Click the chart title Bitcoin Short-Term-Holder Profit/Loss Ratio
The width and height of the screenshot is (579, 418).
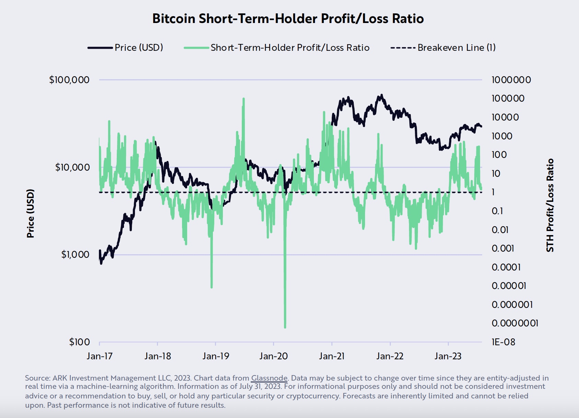coord(288,19)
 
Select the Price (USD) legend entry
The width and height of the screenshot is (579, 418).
coord(139,47)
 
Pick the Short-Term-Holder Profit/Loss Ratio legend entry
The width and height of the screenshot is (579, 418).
coord(290,47)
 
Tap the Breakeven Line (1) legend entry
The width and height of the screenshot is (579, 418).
coord(456,47)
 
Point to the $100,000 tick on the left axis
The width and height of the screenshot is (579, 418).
coord(69,80)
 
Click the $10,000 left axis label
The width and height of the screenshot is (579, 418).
coord(72,167)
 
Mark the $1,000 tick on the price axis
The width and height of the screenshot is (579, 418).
coord(75,255)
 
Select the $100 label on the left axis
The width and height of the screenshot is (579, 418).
coord(79,342)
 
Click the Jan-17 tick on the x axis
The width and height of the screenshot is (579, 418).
coord(100,356)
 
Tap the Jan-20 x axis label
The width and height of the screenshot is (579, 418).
coord(274,356)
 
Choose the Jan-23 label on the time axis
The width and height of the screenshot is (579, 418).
coord(448,356)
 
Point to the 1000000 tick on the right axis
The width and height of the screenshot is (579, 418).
coord(511,80)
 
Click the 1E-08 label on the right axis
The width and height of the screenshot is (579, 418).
coord(503,342)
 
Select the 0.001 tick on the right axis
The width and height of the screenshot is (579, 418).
coord(503,248)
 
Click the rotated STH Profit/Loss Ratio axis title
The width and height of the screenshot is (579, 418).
coord(550,205)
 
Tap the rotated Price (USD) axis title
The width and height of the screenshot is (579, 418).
coord(31,213)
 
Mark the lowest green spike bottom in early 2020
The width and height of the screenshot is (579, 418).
coord(285,327)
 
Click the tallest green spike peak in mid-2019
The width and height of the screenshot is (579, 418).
coord(243,99)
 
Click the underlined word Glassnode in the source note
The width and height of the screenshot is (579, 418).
coord(269,378)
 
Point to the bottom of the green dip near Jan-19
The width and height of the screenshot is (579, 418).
coord(212,287)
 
